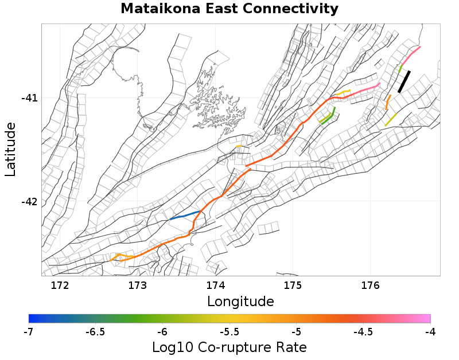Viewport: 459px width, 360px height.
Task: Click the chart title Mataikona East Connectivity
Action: click(x=229, y=9)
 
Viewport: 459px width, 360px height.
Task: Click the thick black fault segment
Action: click(x=404, y=81)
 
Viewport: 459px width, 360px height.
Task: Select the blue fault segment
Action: click(x=185, y=216)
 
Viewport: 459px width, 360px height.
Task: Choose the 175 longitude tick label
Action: click(x=293, y=285)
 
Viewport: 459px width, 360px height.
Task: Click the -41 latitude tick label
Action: click(x=29, y=98)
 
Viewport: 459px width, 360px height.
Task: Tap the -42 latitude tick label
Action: click(x=29, y=202)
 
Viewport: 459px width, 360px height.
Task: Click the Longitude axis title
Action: click(x=240, y=301)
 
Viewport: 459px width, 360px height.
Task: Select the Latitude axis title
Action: click(x=10, y=149)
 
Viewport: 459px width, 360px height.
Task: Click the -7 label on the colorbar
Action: click(x=29, y=332)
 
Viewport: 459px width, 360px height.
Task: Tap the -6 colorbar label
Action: click(x=162, y=332)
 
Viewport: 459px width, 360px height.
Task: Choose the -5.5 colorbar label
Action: click(x=229, y=332)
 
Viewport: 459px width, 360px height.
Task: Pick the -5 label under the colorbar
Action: click(x=296, y=332)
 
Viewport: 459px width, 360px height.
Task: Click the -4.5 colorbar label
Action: click(x=363, y=332)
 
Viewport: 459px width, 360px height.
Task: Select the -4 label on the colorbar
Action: click(x=430, y=332)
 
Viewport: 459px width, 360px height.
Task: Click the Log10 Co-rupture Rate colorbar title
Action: click(x=229, y=347)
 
